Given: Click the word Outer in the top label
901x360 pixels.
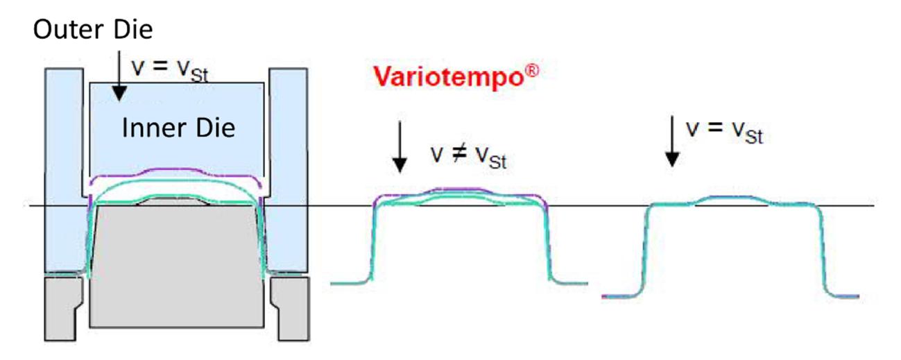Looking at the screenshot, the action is tap(69, 30).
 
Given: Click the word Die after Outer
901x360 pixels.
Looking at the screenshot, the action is tap(133, 30).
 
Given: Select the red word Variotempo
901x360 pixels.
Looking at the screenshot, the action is tap(449, 77).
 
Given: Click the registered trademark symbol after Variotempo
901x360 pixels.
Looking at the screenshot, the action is tap(532, 71).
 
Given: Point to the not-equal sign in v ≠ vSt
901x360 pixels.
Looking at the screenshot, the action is tap(460, 154).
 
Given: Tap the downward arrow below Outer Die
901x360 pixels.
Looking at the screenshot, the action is tap(119, 76).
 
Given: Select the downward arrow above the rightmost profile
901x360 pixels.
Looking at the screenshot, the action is tap(672, 142).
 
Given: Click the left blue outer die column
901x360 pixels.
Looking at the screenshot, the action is tap(65, 169).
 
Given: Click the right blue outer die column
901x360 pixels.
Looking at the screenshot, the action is tap(288, 169).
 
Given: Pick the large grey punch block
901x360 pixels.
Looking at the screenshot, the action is tap(177, 266).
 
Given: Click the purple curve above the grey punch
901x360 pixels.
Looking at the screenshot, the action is tap(175, 170).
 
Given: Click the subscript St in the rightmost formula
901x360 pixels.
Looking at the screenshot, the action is tap(754, 137).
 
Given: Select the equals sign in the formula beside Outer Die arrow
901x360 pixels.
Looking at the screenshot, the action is tap(160, 66).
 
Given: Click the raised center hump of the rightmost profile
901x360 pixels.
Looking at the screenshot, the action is tap(732, 198).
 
